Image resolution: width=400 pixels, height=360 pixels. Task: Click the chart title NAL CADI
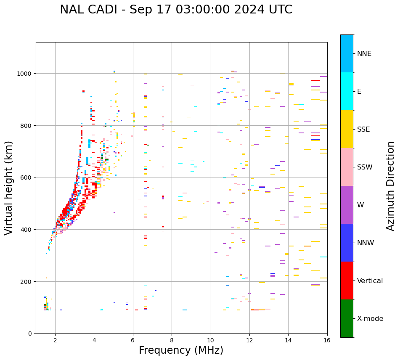(x=176, y=10)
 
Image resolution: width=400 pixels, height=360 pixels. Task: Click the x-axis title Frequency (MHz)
(x=181, y=350)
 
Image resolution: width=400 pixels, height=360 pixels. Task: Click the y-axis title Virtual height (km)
(x=9, y=188)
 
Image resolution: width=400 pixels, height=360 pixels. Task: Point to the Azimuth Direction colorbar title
(x=391, y=186)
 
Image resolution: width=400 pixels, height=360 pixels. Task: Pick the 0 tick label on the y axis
(x=30, y=334)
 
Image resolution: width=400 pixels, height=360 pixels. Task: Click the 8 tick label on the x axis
(x=172, y=340)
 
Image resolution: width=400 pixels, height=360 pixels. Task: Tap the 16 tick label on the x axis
(x=327, y=340)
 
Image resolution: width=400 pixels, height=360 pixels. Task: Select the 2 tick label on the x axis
(x=55, y=340)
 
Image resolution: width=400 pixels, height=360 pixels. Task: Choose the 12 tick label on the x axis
(x=249, y=340)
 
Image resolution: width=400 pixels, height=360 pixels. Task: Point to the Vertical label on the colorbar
(x=370, y=281)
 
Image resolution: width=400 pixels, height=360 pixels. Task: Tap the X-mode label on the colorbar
(x=370, y=318)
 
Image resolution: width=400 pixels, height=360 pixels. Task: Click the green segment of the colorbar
(x=347, y=318)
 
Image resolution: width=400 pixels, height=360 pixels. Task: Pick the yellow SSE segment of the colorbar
(x=347, y=129)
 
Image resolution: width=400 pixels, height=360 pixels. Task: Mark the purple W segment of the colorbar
(x=347, y=205)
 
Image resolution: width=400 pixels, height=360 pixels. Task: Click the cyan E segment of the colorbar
(x=347, y=91)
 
